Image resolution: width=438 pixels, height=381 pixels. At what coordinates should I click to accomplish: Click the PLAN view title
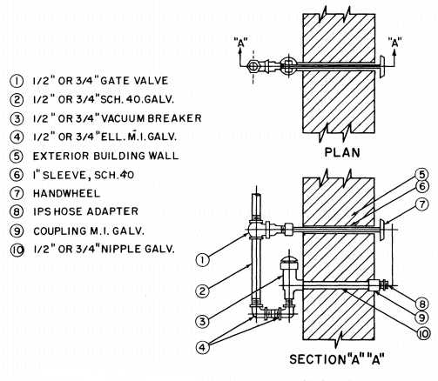click(x=342, y=152)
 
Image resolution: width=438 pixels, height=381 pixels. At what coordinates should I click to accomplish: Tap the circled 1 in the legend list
click(x=17, y=81)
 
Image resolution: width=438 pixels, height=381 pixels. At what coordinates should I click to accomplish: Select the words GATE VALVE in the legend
click(x=134, y=80)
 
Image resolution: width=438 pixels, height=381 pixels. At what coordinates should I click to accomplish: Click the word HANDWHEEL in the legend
click(x=66, y=193)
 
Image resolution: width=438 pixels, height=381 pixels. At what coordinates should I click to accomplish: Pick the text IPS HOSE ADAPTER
click(x=85, y=211)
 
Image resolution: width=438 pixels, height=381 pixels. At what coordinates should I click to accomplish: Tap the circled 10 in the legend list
click(x=17, y=250)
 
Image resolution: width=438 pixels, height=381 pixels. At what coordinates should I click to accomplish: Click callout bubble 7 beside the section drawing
click(x=422, y=204)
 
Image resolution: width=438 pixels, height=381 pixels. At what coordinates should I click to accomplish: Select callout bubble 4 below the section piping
click(x=202, y=347)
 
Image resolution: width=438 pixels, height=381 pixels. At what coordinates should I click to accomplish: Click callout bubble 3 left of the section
click(x=202, y=321)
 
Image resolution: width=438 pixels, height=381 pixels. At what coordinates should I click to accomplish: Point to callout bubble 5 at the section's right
click(x=421, y=175)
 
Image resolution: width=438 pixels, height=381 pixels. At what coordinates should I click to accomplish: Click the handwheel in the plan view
click(x=382, y=67)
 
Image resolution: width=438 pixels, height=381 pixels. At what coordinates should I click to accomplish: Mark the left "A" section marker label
click(x=240, y=43)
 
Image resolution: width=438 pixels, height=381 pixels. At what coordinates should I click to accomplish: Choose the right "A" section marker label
click(x=394, y=43)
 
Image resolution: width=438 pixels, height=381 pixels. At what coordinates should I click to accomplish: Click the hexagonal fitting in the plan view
click(x=253, y=66)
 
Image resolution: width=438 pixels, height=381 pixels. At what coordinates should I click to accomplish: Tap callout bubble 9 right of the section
click(x=421, y=318)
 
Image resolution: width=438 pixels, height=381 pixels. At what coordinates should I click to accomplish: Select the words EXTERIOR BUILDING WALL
click(x=105, y=156)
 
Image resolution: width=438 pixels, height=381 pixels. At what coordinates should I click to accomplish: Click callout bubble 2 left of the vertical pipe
click(x=202, y=291)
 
